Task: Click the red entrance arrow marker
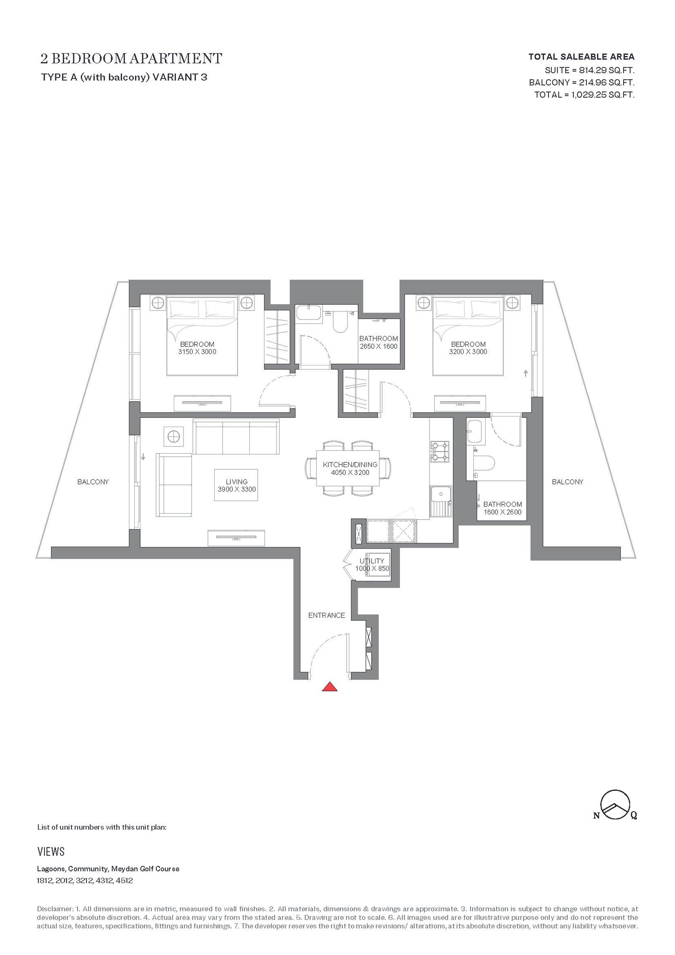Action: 329,687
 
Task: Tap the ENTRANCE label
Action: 327,615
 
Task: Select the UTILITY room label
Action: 372,561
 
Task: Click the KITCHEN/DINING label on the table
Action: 350,465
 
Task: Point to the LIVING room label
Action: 237,482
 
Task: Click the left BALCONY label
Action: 93,482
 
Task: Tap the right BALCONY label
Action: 567,482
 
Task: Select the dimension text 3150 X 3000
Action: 197,352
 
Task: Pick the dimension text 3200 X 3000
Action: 468,352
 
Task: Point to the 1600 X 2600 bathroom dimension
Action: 502,512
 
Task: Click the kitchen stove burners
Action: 440,452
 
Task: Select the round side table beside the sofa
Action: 173,436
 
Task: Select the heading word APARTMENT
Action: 175,59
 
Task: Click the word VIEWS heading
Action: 51,852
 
